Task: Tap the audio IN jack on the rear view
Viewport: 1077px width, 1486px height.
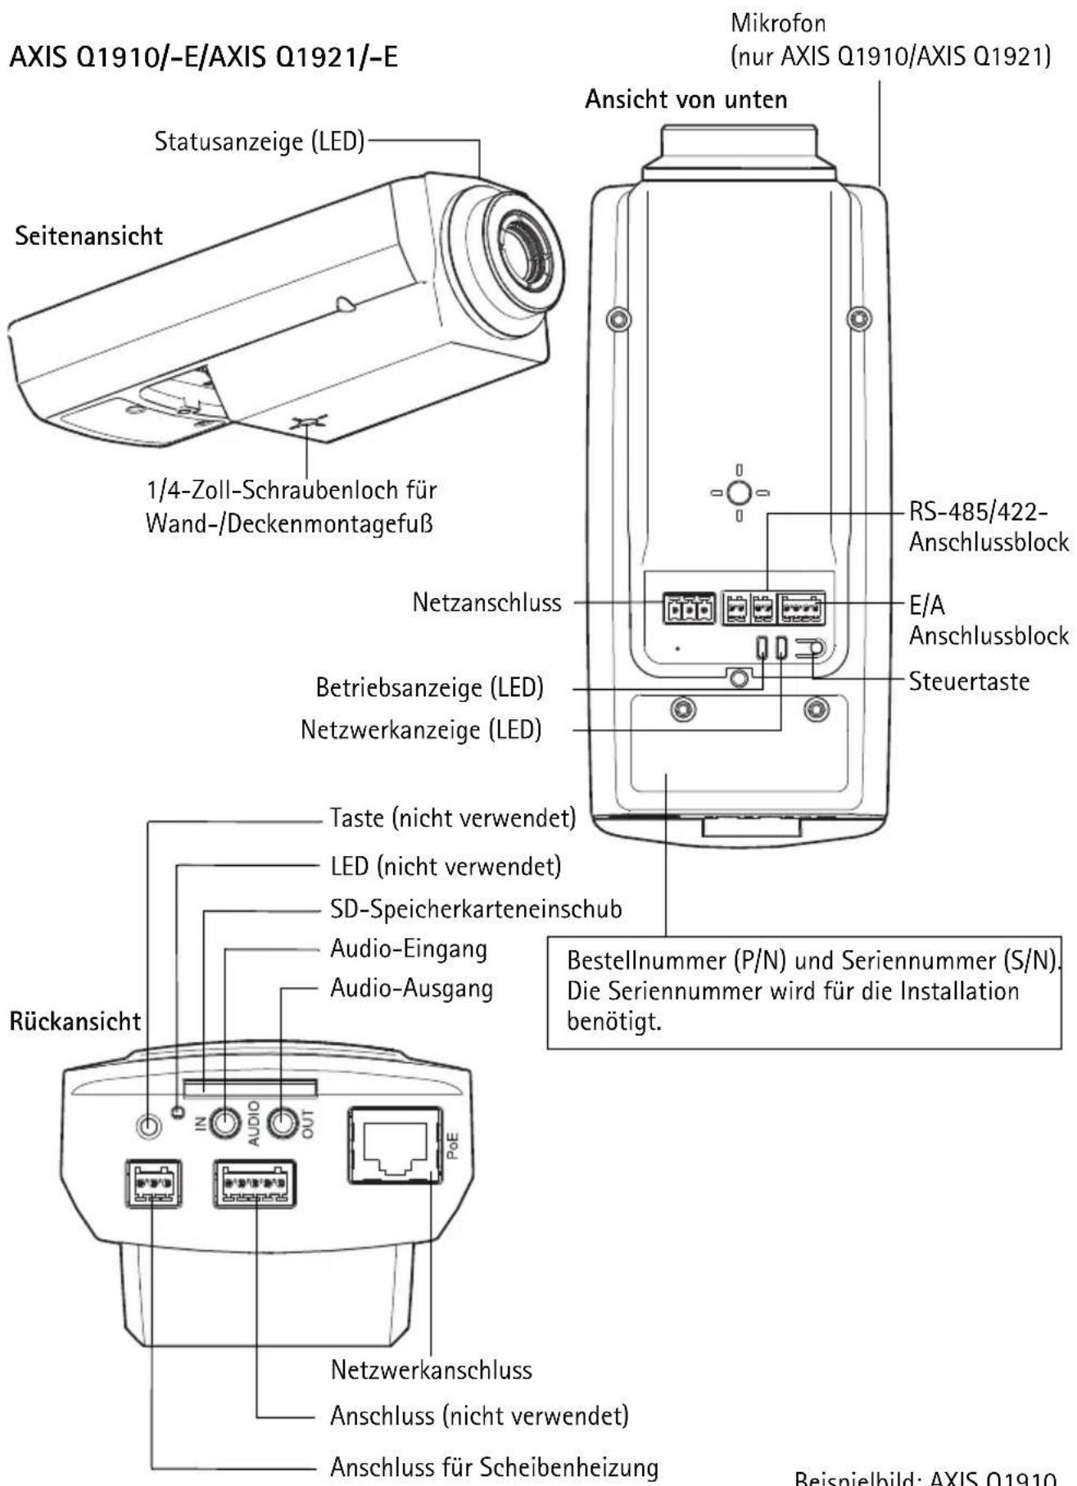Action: tap(225, 1122)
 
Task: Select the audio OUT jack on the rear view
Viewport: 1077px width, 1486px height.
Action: tap(283, 1122)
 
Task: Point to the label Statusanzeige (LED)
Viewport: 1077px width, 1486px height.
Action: tap(260, 141)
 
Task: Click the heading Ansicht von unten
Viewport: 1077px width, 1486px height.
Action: tap(686, 99)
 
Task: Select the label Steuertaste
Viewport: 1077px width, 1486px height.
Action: tap(969, 681)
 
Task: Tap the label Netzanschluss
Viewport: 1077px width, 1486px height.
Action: tap(487, 603)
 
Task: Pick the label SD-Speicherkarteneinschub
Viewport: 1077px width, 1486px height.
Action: tap(476, 908)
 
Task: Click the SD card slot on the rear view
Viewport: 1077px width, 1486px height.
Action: tap(250, 1088)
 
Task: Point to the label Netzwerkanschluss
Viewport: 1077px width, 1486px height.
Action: tap(432, 1369)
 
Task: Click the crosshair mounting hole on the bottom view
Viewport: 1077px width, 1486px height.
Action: tap(739, 493)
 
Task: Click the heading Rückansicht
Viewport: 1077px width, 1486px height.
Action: tap(75, 1022)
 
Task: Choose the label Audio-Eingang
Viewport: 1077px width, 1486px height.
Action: tap(409, 949)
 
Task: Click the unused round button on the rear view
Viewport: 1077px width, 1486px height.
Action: tap(148, 1126)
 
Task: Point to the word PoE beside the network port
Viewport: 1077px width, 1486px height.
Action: tap(452, 1144)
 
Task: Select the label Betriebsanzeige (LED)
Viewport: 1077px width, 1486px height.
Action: tap(430, 687)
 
